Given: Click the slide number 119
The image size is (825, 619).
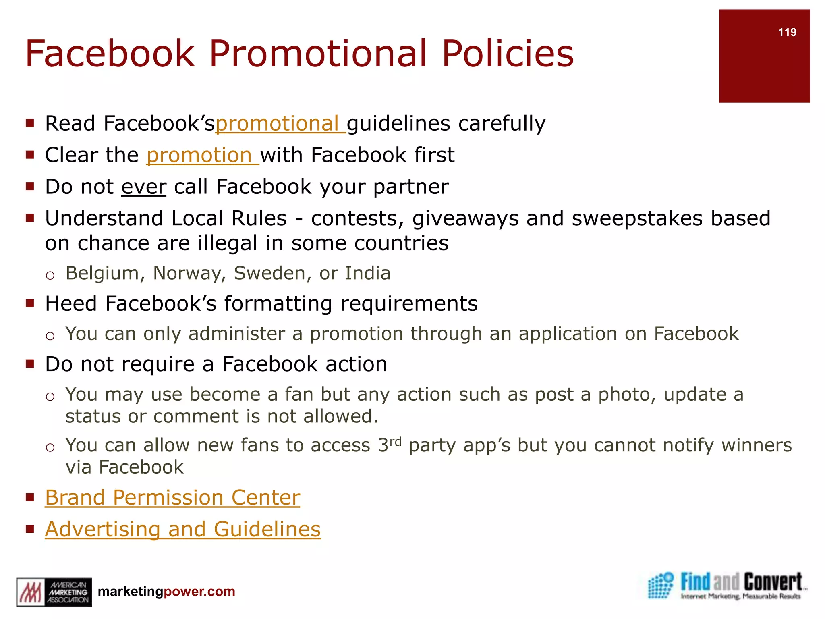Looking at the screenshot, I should pyautogui.click(x=787, y=33).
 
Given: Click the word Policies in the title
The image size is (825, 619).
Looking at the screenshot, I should pyautogui.click(x=508, y=54).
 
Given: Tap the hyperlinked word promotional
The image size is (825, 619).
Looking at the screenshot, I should pyautogui.click(x=280, y=124).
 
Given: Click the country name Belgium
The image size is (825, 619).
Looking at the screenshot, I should pyautogui.click(x=102, y=274).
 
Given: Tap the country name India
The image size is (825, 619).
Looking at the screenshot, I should pyautogui.click(x=367, y=274).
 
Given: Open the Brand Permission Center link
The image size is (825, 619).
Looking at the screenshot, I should pyautogui.click(x=172, y=498).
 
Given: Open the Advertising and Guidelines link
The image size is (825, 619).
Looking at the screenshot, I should pyautogui.click(x=182, y=530).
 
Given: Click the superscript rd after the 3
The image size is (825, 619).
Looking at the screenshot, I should pyautogui.click(x=396, y=442).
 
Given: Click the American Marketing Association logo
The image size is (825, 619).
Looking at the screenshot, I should pyautogui.click(x=54, y=592).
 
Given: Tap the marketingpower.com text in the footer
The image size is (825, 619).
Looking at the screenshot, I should pyautogui.click(x=166, y=592).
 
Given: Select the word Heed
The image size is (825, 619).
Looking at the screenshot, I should pyautogui.click(x=71, y=304).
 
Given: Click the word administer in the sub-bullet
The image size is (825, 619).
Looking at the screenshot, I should pyautogui.click(x=236, y=334).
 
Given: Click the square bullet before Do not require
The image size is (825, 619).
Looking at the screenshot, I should pyautogui.click(x=30, y=364).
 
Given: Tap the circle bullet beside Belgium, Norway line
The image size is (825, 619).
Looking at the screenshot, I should pyautogui.click(x=50, y=276).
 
